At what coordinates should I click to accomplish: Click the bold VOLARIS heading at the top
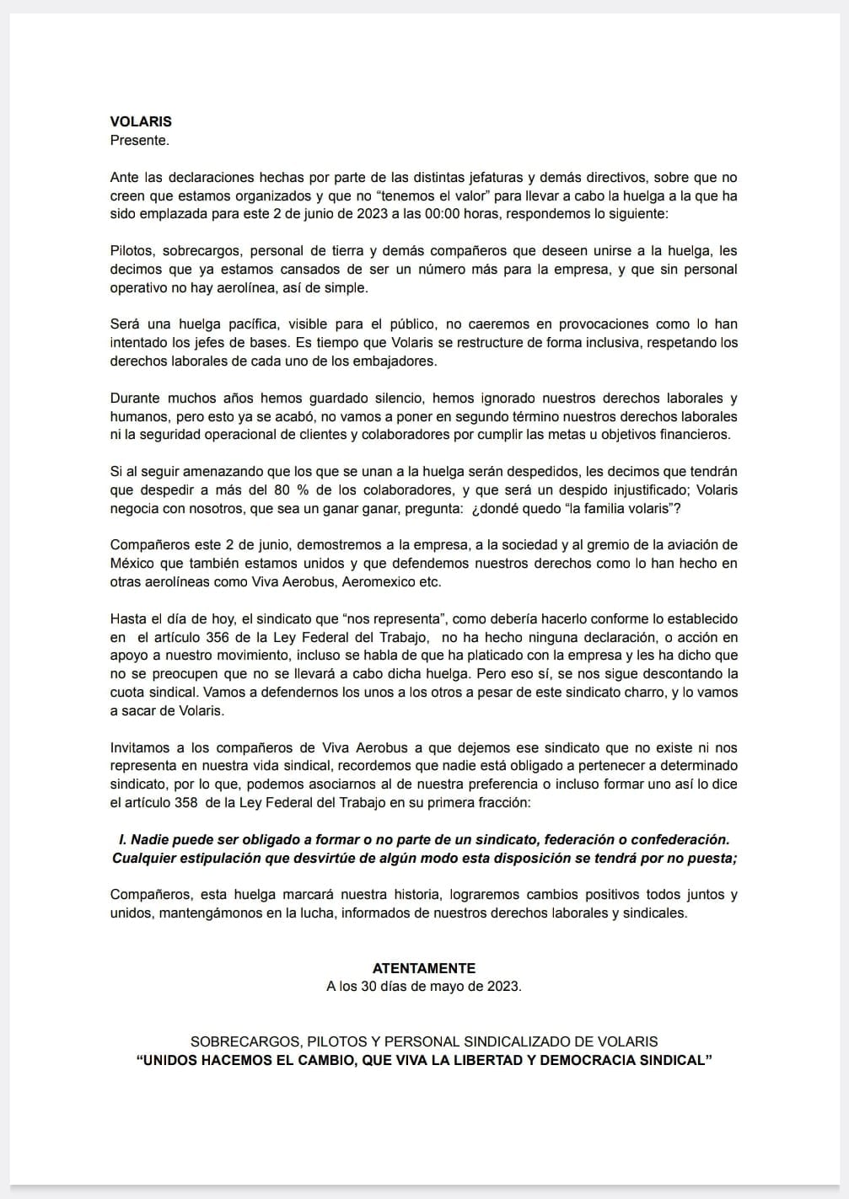click(141, 121)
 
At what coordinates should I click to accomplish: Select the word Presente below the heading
click(139, 140)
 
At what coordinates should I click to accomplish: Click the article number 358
click(186, 803)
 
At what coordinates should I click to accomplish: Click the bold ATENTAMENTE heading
click(423, 968)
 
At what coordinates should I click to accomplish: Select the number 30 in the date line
click(369, 986)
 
